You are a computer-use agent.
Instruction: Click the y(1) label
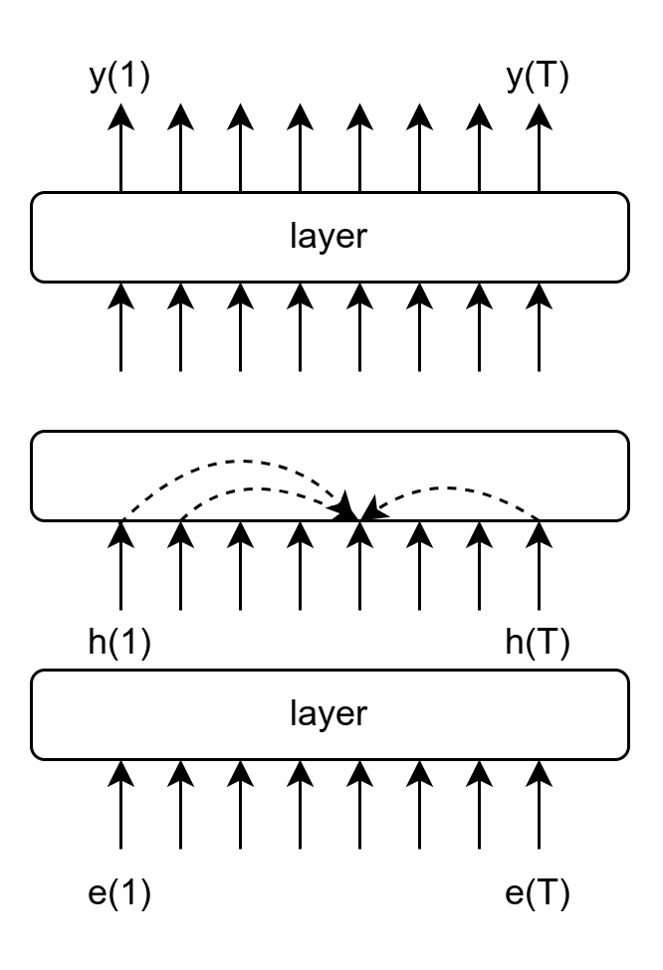[119, 78]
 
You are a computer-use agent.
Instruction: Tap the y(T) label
[538, 78]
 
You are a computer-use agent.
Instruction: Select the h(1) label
[119, 644]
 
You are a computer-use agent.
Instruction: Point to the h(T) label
[538, 644]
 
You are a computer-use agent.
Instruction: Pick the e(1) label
[119, 893]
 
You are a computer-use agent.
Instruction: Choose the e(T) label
[538, 893]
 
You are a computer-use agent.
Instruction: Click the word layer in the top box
[329, 237]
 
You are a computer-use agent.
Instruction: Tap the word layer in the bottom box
[329, 713]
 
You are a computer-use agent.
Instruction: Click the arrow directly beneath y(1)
[120, 149]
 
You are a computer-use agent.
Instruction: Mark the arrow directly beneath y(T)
[539, 149]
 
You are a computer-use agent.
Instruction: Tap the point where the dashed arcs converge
[358, 514]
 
